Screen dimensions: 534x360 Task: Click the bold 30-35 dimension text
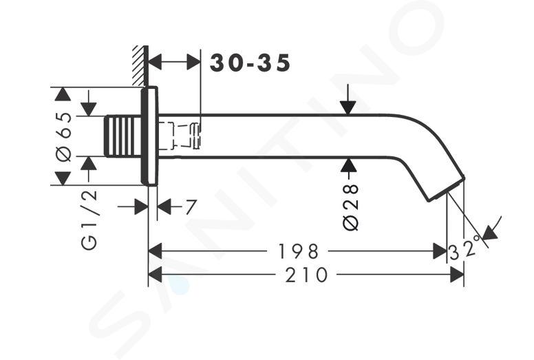tap(250, 63)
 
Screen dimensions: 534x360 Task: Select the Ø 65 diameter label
tap(64, 137)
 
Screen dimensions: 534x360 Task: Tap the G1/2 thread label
tap(89, 220)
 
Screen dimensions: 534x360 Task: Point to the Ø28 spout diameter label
tap(351, 207)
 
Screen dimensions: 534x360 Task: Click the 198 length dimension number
tap(299, 252)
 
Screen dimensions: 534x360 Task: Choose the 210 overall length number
tap(306, 275)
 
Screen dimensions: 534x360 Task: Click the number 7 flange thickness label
tap(191, 207)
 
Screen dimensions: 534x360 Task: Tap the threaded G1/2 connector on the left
tap(122, 136)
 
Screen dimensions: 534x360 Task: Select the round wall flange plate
tap(149, 136)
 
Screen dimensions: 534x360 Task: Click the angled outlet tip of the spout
tap(447, 189)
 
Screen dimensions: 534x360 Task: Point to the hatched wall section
tap(140, 65)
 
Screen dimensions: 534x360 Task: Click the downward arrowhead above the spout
tap(348, 108)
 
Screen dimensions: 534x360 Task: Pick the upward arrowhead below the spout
tap(348, 165)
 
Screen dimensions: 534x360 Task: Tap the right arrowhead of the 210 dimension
tap(457, 275)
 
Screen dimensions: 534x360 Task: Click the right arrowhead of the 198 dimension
tap(440, 251)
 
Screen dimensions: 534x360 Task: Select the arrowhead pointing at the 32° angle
tap(490, 233)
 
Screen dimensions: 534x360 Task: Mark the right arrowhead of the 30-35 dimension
tap(194, 63)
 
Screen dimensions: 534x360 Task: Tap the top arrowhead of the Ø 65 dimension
tap(63, 94)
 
